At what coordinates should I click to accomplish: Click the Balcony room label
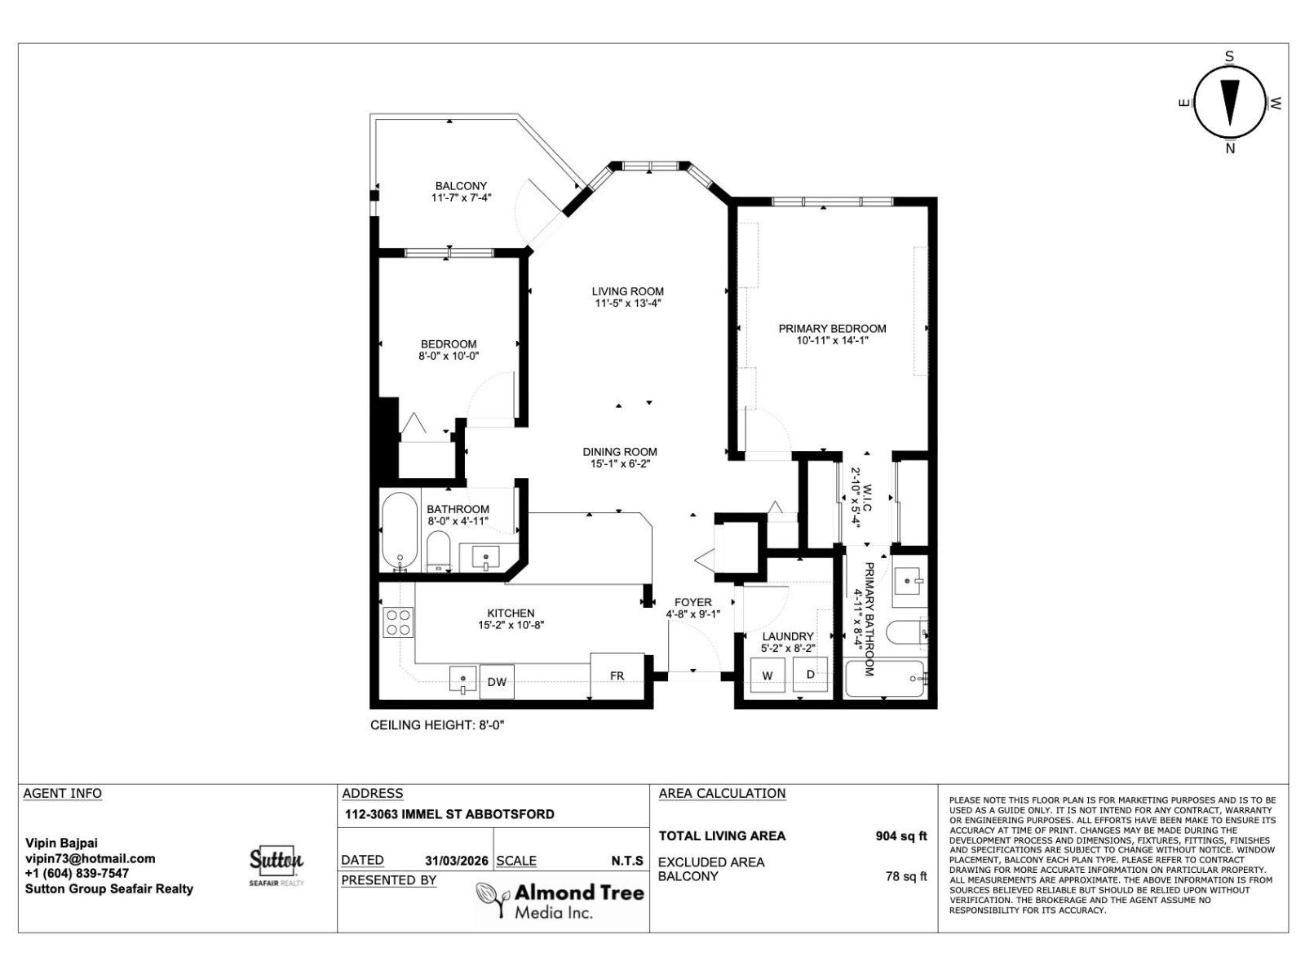pyautogui.click(x=461, y=186)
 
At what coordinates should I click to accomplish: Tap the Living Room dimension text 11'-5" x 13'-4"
pyautogui.click(x=627, y=303)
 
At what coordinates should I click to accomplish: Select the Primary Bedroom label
pyautogui.click(x=832, y=328)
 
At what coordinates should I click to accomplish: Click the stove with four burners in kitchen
pyautogui.click(x=398, y=622)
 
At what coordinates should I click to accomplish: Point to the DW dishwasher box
pyautogui.click(x=497, y=683)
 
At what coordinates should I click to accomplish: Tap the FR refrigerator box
pyautogui.click(x=617, y=676)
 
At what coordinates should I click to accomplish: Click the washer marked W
pyautogui.click(x=768, y=676)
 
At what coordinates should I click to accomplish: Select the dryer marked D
pyautogui.click(x=811, y=674)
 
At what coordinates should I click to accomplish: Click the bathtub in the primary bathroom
pyautogui.click(x=884, y=679)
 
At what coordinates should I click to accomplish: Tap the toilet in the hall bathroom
pyautogui.click(x=439, y=552)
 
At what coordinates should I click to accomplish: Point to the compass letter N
pyautogui.click(x=1230, y=148)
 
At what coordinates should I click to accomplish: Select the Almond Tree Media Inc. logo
pyautogui.click(x=560, y=901)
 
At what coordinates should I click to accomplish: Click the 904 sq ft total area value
pyautogui.click(x=900, y=836)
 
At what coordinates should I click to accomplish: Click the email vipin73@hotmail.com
pyautogui.click(x=91, y=858)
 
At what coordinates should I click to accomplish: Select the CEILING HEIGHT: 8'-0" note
pyautogui.click(x=437, y=725)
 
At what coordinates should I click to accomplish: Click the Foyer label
pyautogui.click(x=692, y=602)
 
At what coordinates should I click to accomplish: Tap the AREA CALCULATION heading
pyautogui.click(x=722, y=793)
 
